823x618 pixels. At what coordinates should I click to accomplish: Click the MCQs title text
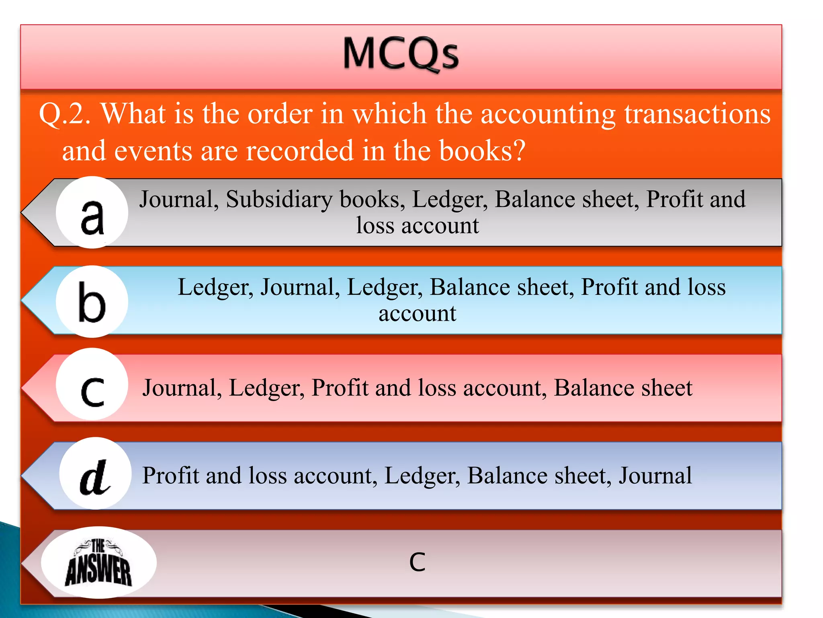click(x=401, y=54)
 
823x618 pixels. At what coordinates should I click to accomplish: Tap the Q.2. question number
click(x=65, y=114)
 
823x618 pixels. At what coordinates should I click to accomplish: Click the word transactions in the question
click(x=697, y=114)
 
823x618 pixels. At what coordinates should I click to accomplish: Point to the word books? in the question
click(x=482, y=151)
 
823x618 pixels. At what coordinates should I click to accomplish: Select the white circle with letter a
click(x=92, y=212)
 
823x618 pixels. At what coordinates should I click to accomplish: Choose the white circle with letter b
click(x=92, y=301)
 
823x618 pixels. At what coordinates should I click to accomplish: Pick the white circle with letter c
click(x=92, y=385)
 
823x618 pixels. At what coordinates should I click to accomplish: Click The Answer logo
click(x=99, y=562)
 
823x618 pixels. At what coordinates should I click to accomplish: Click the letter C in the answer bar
click(x=417, y=562)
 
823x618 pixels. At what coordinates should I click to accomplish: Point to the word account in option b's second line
click(x=417, y=313)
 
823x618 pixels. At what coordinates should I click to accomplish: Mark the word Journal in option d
click(x=655, y=476)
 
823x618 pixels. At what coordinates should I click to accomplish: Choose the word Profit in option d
click(x=171, y=476)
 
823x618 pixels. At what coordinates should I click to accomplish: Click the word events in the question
click(x=153, y=151)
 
